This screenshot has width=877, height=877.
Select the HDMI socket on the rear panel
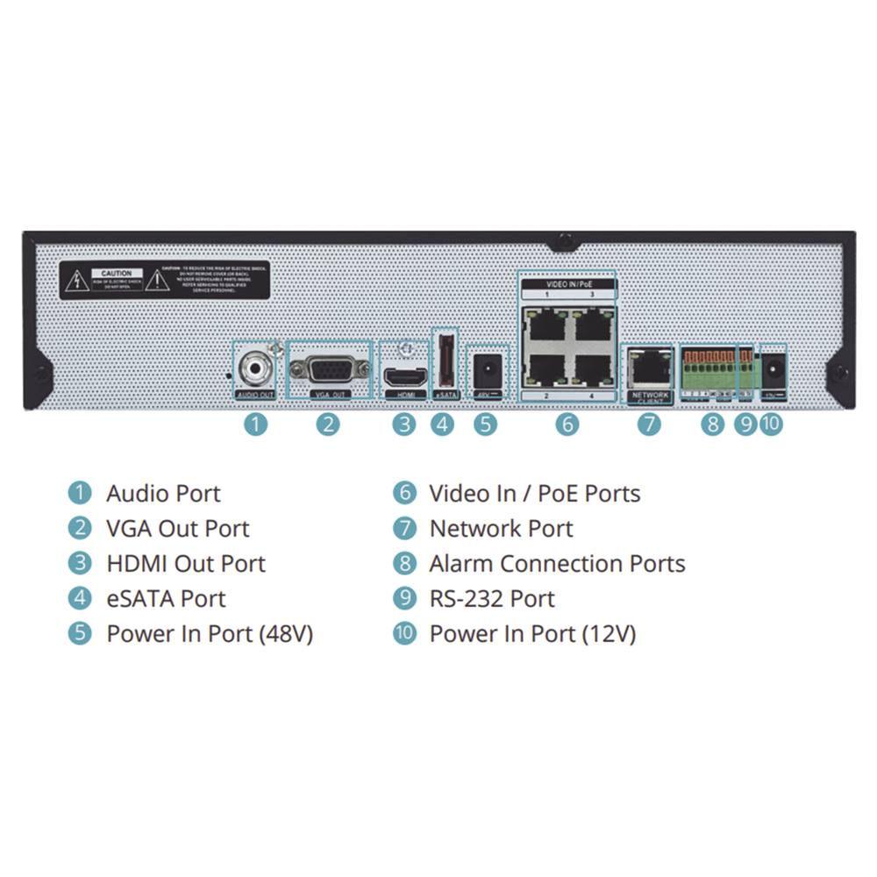(404, 377)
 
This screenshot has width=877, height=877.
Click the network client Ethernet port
(649, 369)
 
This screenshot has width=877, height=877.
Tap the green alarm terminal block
(712, 373)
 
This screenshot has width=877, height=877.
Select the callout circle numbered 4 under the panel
(443, 424)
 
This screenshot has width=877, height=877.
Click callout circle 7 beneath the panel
(649, 424)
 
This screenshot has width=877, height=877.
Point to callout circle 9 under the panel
(745, 424)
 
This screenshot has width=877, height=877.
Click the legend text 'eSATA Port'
(166, 599)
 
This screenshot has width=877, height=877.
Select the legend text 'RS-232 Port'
(491, 599)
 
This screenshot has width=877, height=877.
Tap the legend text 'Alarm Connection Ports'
(557, 564)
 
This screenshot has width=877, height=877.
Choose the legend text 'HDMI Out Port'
(186, 564)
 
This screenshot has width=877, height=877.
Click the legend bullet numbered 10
(404, 634)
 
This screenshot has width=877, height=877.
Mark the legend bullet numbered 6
(404, 493)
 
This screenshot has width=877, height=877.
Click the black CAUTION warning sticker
(166, 280)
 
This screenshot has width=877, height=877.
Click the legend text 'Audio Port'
(163, 493)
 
